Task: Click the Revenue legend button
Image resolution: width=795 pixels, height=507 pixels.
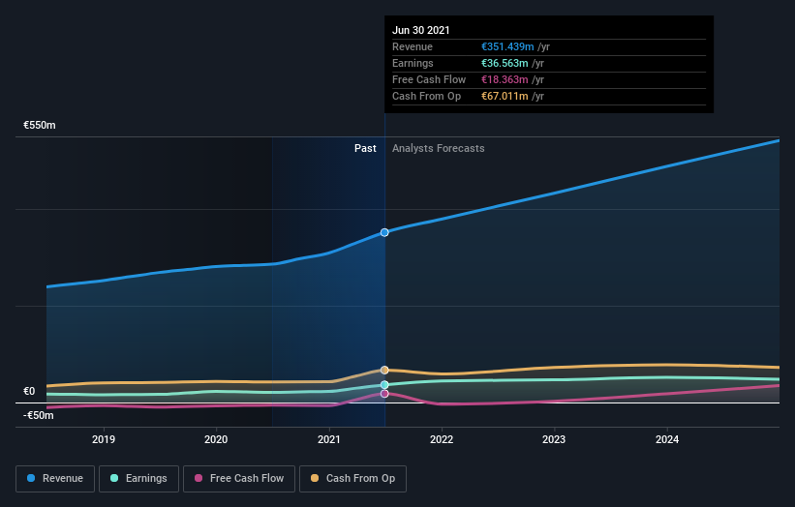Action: [x=56, y=478]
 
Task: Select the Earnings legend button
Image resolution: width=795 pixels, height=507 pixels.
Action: [x=138, y=478]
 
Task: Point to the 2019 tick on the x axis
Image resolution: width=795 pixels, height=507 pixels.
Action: [x=104, y=439]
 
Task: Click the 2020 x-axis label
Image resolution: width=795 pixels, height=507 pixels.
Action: [x=216, y=439]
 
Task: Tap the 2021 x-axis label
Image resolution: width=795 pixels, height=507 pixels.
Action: [x=329, y=439]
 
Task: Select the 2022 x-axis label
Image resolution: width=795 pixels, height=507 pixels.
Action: [x=442, y=439]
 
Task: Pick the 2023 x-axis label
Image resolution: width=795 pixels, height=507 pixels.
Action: [x=555, y=439]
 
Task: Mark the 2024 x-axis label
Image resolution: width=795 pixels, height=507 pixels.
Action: [x=667, y=439]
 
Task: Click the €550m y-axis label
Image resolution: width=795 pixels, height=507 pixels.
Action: [x=40, y=126]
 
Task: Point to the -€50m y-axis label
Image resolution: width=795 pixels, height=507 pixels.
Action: [x=38, y=415]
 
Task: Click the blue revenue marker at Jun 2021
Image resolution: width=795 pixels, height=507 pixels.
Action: [x=384, y=232]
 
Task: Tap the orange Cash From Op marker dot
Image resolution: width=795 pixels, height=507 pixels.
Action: [x=384, y=370]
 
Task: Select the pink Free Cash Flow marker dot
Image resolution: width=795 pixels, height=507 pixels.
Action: [x=384, y=394]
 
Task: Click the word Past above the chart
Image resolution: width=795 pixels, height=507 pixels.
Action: [x=365, y=149]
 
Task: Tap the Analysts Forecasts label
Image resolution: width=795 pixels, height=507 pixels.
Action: [x=439, y=149]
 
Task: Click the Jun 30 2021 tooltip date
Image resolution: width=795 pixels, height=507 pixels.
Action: [x=421, y=31]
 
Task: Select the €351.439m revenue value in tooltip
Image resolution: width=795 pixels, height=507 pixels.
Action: [x=507, y=46]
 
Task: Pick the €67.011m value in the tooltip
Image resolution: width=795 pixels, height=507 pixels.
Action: [x=505, y=96]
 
